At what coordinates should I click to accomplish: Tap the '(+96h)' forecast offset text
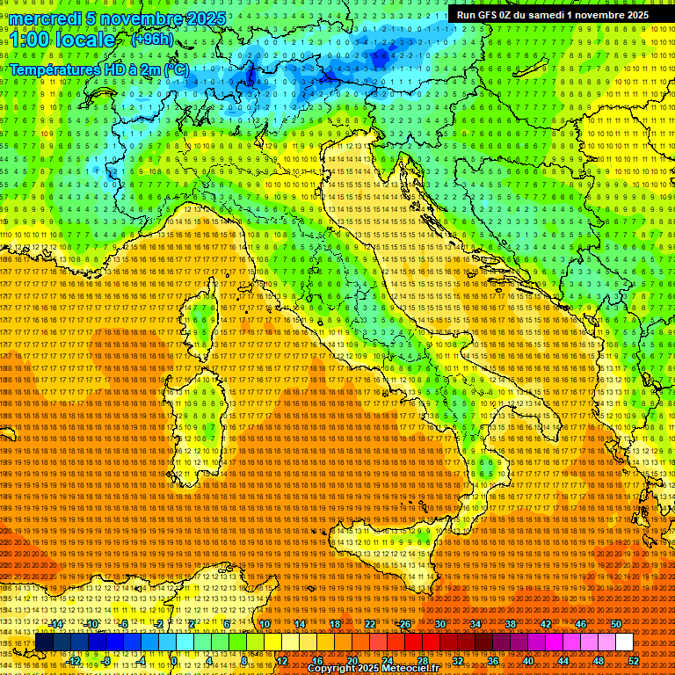coord(152,40)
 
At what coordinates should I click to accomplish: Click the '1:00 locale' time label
coord(62,40)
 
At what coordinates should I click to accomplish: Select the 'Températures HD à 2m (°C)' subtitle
coord(98,69)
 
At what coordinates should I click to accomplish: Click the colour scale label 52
coord(635,660)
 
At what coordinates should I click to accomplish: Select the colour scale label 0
coord(175,660)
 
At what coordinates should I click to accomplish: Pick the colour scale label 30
coord(440,623)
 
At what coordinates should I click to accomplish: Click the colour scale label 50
coord(615,623)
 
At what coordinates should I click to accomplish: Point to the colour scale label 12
coord(282,660)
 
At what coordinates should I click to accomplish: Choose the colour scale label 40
coord(528,660)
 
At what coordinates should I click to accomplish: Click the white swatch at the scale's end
coord(624,642)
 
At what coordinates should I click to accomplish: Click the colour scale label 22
coord(370,623)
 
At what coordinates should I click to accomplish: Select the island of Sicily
coord(387,554)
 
